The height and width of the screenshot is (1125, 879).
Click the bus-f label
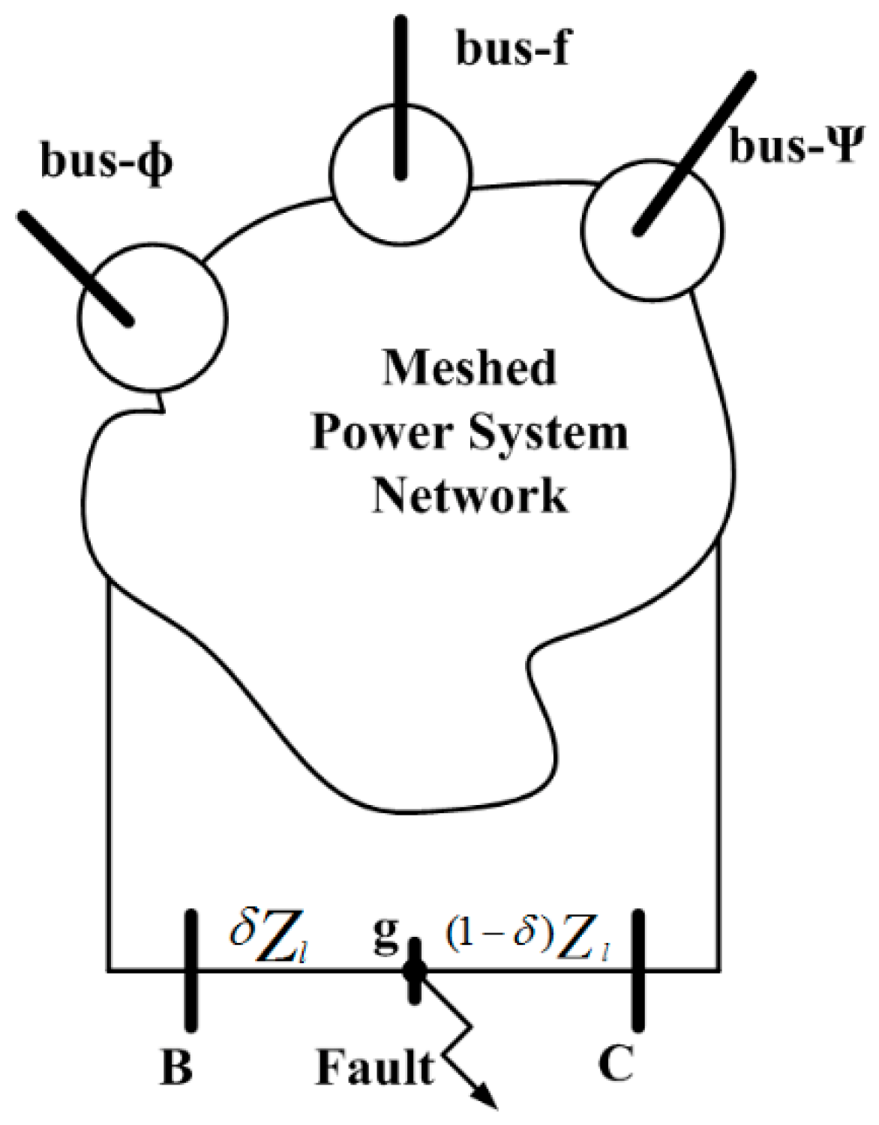coord(513,49)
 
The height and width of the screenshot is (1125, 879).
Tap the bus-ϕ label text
coord(106,161)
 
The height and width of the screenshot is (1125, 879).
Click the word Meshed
coord(469,367)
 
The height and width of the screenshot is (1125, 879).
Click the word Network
coord(469,495)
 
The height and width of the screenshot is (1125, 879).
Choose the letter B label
coord(176,1067)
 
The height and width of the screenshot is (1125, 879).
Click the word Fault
coord(375,1067)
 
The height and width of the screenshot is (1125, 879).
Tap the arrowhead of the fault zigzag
coord(487,1098)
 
